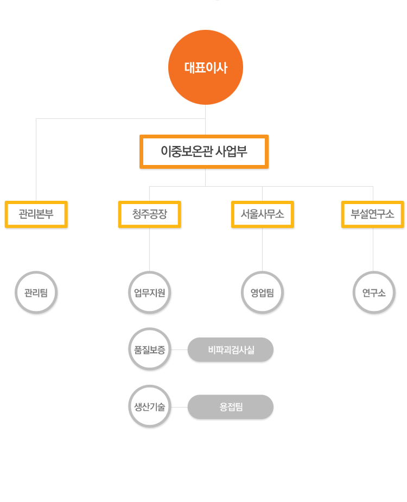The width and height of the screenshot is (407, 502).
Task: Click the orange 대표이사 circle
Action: (x=206, y=67)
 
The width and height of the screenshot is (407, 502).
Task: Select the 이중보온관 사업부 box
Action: (x=204, y=151)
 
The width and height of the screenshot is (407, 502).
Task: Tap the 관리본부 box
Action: (x=36, y=214)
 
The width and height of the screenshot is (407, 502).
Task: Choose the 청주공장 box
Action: (x=150, y=214)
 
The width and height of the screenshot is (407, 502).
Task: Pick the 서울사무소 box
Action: (x=263, y=214)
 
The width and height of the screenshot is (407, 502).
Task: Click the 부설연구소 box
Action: (x=373, y=214)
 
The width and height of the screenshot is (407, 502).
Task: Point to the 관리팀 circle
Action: (x=36, y=293)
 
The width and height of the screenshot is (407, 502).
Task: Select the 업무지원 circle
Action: (x=150, y=293)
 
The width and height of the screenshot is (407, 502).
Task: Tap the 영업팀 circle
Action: (x=262, y=293)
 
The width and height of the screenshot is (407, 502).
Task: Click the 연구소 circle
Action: (x=374, y=293)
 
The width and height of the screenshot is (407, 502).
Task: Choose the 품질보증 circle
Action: (x=150, y=349)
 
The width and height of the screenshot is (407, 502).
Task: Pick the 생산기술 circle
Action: (x=150, y=406)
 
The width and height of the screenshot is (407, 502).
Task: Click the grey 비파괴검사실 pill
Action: (x=231, y=350)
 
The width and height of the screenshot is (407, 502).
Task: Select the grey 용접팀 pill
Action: (x=231, y=407)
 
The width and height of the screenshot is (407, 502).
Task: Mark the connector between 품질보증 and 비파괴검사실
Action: (x=179, y=350)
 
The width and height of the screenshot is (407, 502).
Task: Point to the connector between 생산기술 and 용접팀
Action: (x=179, y=407)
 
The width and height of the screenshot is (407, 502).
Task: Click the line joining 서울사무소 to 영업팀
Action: (x=262, y=250)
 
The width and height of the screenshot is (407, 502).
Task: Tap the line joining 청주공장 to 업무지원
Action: (x=150, y=250)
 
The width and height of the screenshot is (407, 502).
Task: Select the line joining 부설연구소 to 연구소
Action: (x=373, y=250)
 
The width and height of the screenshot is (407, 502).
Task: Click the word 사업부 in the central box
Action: (x=231, y=151)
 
